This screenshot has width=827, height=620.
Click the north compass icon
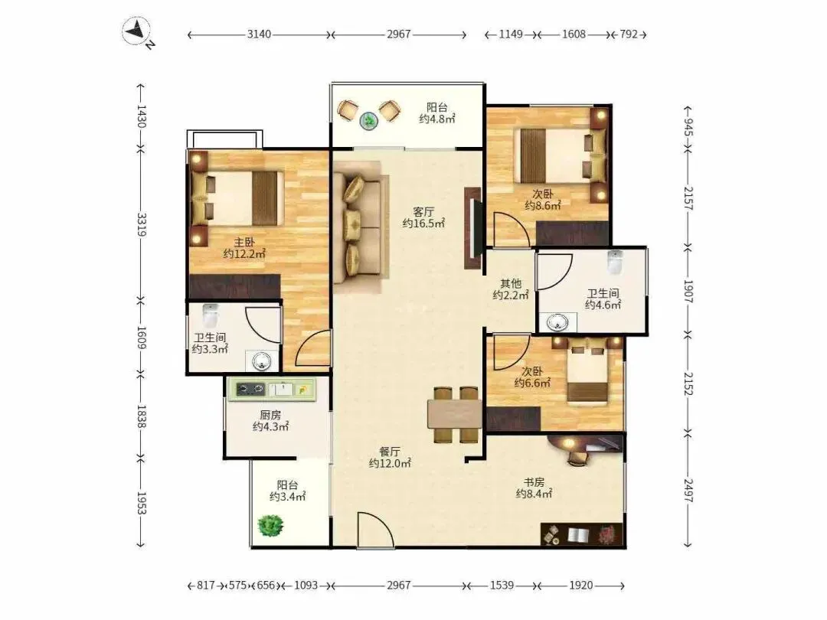pyautogui.click(x=137, y=31)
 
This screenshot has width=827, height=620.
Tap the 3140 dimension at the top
pyautogui.click(x=259, y=34)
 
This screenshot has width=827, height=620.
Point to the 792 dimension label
pyautogui.click(x=628, y=34)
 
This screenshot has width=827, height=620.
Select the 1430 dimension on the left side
pyautogui.click(x=141, y=116)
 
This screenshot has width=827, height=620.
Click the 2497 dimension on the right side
pyautogui.click(x=688, y=491)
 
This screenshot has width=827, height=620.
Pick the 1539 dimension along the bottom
pyautogui.click(x=502, y=586)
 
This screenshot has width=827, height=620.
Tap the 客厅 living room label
pyautogui.click(x=423, y=212)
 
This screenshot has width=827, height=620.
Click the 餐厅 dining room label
pyautogui.click(x=390, y=452)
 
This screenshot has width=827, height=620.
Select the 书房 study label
pyautogui.click(x=534, y=482)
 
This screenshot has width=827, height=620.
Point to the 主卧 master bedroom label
pyautogui.click(x=244, y=243)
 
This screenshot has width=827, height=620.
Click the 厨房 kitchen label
pyautogui.click(x=270, y=416)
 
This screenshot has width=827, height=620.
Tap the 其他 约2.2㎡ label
pyautogui.click(x=511, y=289)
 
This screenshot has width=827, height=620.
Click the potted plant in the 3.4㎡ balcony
pyautogui.click(x=271, y=526)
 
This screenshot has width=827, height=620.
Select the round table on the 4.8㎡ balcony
pyautogui.click(x=368, y=121)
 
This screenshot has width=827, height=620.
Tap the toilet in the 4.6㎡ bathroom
pyautogui.click(x=614, y=262)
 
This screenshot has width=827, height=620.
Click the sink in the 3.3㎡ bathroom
pyautogui.click(x=262, y=361)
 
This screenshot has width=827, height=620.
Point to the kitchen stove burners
pyautogui.click(x=250, y=390)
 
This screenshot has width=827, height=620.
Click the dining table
pyautogui.click(x=455, y=414)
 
